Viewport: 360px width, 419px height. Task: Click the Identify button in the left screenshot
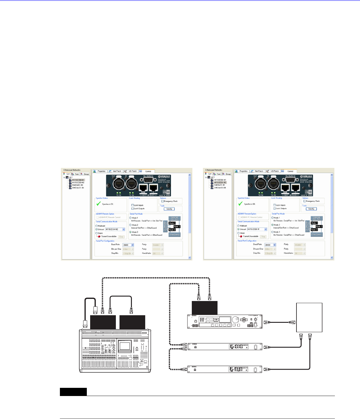click(169, 209)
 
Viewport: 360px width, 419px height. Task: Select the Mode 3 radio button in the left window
click(130, 232)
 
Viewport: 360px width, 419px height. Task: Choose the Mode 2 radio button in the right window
click(272, 225)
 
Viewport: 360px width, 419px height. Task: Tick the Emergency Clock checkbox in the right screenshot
click(304, 201)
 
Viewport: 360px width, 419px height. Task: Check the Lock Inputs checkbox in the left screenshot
click(133, 205)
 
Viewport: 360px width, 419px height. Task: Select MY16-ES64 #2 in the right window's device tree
click(220, 182)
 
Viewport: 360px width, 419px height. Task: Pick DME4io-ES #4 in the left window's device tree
click(78, 188)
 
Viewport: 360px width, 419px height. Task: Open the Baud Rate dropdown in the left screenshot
click(133, 245)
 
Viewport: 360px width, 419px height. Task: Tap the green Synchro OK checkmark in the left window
click(98, 204)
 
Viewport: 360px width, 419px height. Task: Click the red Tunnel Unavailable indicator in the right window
click(241, 236)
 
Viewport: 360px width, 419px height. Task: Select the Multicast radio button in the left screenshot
click(97, 226)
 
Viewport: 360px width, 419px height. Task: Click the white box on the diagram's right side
click(309, 318)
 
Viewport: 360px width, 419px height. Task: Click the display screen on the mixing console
click(125, 346)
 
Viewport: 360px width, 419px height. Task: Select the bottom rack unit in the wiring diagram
click(225, 369)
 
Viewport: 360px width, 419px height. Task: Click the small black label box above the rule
click(73, 392)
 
